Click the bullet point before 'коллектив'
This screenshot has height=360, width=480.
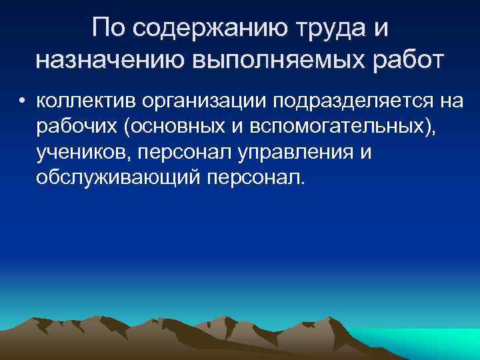click(x=23, y=102)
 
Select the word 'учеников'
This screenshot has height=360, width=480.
click(x=83, y=153)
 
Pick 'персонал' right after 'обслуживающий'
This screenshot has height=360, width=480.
click(x=250, y=178)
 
